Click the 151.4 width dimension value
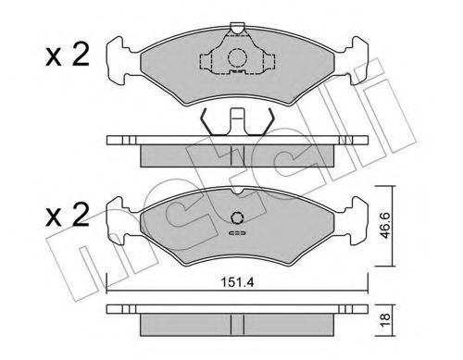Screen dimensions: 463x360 [x=237, y=282]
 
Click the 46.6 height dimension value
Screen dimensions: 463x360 [x=385, y=226]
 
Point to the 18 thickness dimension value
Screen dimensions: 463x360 [x=385, y=321]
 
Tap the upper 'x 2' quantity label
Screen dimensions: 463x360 [x=68, y=55]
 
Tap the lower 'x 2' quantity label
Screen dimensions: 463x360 [x=68, y=215]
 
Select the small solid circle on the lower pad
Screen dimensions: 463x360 [x=237, y=218]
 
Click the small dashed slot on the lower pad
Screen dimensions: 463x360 [x=237, y=233]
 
